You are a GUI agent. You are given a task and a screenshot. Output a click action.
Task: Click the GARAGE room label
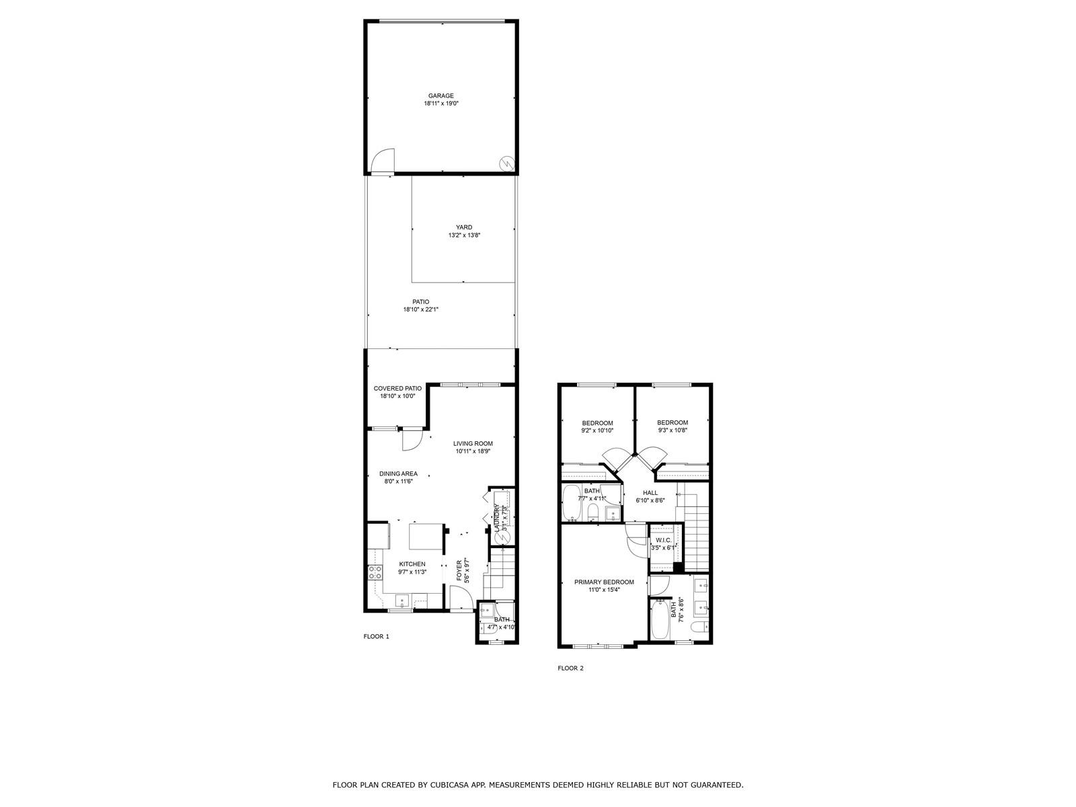tap(440, 96)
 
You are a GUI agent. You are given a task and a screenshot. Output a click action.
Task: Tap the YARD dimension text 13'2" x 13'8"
tap(464, 235)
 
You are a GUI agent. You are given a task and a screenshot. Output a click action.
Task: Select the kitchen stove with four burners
tap(375, 572)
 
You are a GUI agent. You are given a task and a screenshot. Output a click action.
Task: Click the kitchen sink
tap(402, 601)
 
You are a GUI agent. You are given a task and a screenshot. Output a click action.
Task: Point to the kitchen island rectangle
tap(426, 537)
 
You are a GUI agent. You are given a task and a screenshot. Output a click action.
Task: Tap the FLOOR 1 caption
tap(376, 636)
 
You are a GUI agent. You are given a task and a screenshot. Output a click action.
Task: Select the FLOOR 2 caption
tap(570, 668)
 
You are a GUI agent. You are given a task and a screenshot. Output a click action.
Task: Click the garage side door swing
tap(383, 160)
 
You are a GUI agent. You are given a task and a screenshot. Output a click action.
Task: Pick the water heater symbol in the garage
tap(506, 163)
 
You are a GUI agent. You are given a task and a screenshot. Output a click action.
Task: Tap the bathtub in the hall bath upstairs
tap(571, 503)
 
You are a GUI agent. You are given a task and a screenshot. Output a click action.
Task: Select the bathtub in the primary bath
tap(659, 619)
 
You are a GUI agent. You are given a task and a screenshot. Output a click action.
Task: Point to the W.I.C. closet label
tap(663, 540)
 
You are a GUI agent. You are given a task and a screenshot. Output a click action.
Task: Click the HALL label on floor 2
tap(650, 493)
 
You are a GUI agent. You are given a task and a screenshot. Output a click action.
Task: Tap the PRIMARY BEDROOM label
tap(604, 582)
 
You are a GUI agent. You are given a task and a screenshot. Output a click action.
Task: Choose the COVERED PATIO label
tap(397, 389)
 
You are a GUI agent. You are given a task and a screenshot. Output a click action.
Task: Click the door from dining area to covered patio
tap(412, 440)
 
